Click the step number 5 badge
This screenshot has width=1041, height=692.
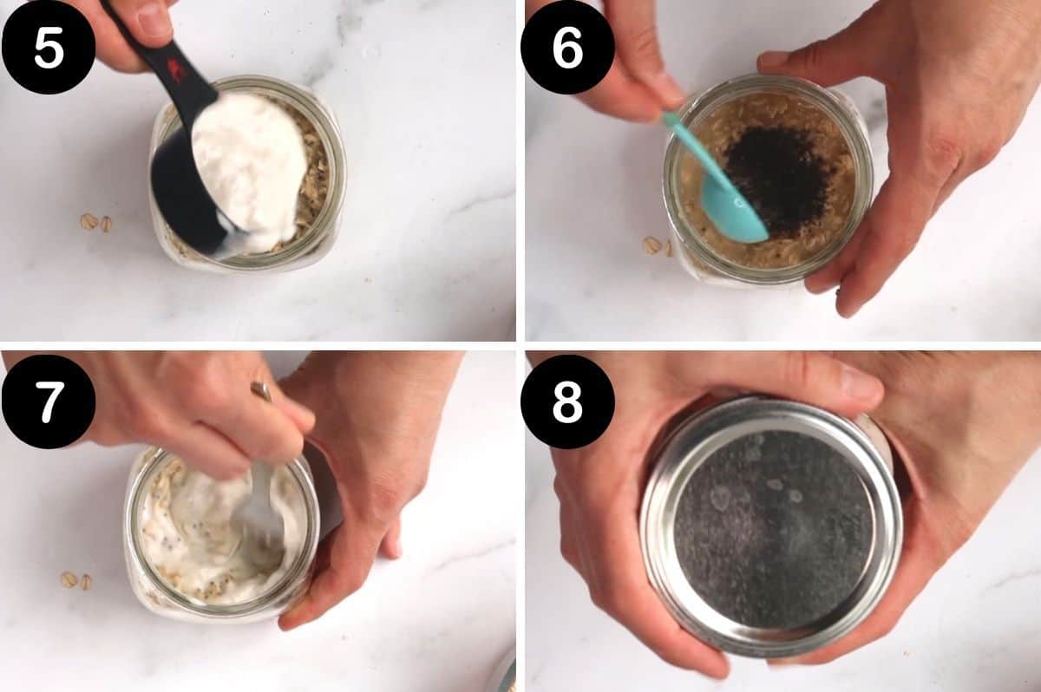click(x=48, y=47)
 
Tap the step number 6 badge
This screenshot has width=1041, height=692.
click(x=567, y=47)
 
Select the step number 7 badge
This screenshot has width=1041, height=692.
click(x=48, y=401)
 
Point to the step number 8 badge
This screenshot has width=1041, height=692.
click(x=567, y=401)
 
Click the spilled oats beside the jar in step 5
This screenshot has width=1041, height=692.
click(x=95, y=223)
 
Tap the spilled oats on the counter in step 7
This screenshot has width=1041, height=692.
click(x=75, y=580)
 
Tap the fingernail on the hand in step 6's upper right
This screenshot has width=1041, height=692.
click(x=772, y=59)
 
